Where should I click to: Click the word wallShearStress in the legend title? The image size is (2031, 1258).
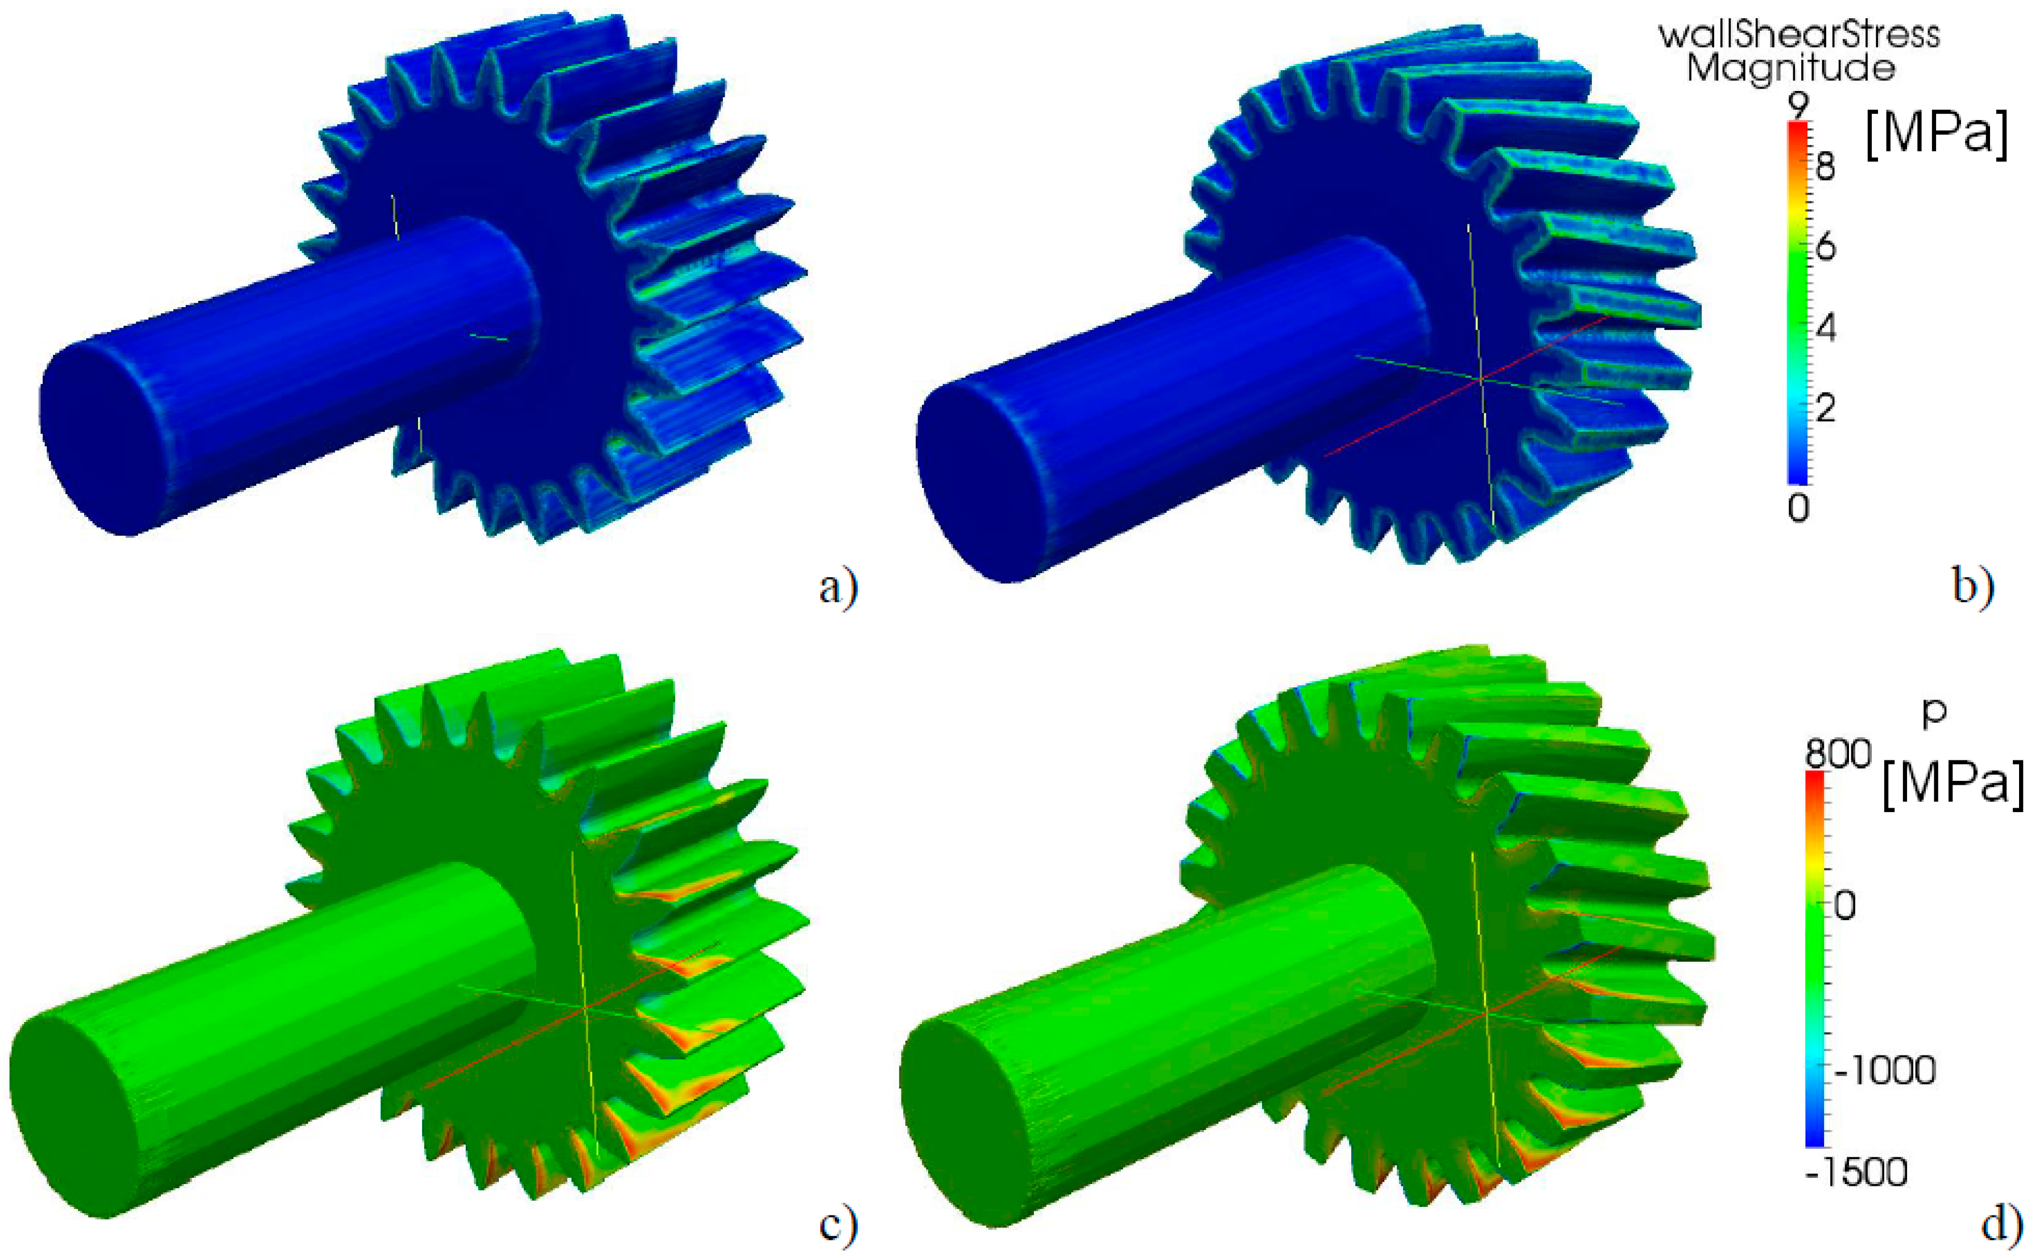1799,34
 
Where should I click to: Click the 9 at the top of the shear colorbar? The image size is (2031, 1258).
1798,106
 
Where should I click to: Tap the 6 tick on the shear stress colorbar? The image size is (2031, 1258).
1825,247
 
